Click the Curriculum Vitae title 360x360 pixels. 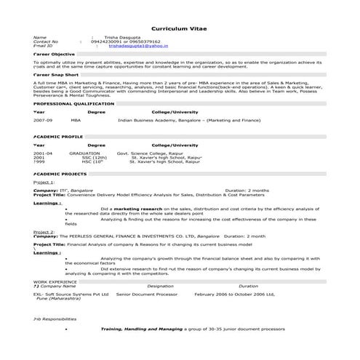point(180,28)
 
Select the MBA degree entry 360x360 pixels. point(76,120)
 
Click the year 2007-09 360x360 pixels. point(43,120)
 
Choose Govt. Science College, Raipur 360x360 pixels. point(153,153)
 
